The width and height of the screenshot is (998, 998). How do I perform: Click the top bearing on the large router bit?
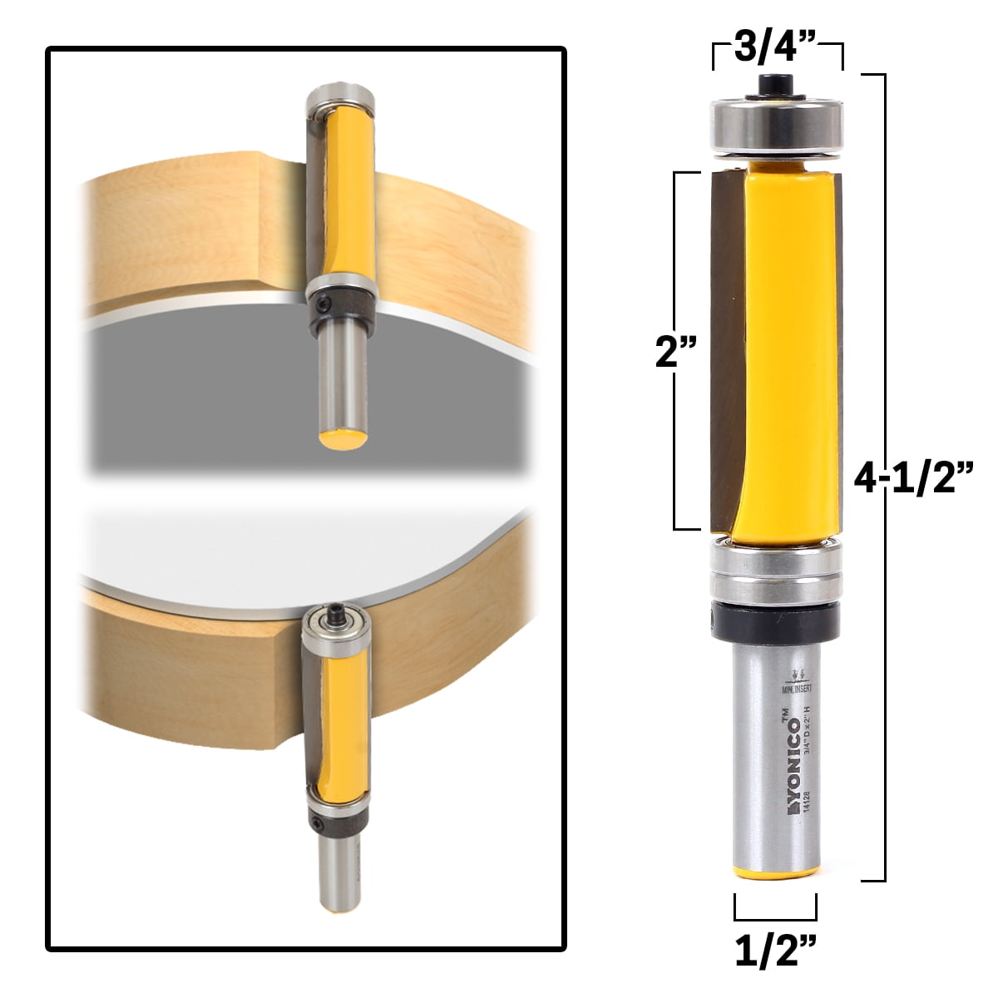[776, 122]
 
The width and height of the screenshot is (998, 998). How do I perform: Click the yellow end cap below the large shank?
[776, 873]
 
